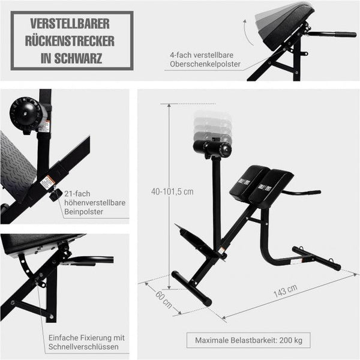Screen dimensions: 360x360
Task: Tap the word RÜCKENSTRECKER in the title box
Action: (72, 42)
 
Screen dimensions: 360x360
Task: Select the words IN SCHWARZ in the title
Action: (72, 59)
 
